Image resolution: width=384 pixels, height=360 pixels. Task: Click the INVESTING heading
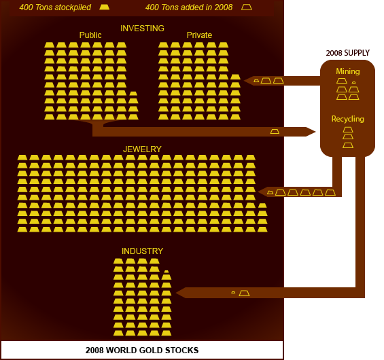coord(142,29)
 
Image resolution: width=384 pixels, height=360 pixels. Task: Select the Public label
coord(90,35)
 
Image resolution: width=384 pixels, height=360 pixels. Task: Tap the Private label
coord(199,35)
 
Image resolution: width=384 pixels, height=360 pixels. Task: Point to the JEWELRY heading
coord(142,149)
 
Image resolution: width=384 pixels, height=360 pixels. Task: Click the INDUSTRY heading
coord(142,251)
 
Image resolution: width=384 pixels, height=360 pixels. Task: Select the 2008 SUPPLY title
coord(348,53)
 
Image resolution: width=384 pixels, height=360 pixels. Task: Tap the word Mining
coord(348,71)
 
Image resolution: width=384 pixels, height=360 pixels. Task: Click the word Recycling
coord(348,119)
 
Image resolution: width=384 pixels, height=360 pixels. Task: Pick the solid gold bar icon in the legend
coord(105,7)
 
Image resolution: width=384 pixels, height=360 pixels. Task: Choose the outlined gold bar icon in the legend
coord(246,7)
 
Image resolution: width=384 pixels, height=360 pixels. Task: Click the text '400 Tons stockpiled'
coord(55,7)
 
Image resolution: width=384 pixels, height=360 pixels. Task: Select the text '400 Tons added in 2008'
coord(189,7)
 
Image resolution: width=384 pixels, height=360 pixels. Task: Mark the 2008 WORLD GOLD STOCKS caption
coord(142,350)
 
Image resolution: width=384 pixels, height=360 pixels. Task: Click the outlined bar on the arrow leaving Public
coord(275,132)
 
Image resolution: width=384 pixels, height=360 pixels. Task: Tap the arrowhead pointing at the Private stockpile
coord(248,81)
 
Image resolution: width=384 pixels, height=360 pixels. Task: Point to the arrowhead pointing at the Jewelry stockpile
coord(262,192)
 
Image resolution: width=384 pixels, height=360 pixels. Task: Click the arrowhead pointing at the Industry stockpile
coord(181,293)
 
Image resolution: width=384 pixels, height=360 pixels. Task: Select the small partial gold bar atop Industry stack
coord(167,272)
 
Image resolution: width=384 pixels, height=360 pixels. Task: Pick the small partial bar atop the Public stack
coord(133,94)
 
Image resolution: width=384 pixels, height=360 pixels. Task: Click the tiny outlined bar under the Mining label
coord(353,83)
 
